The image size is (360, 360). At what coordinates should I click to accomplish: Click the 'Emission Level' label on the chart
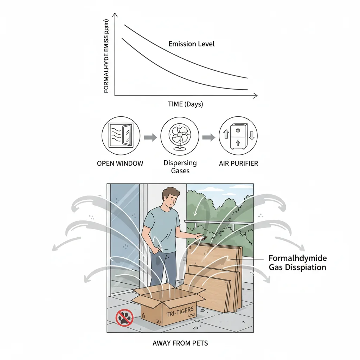(191, 44)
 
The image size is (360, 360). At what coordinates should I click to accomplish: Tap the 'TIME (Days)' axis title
(185, 104)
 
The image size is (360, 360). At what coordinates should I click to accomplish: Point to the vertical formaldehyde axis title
(107, 56)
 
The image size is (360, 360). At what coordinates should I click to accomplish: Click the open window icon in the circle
(121, 137)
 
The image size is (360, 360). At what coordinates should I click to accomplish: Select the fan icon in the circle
(180, 137)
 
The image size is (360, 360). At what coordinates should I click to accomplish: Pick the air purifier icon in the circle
(238, 137)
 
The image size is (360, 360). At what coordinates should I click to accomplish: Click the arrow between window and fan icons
(150, 137)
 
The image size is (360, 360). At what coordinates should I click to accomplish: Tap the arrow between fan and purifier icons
(208, 137)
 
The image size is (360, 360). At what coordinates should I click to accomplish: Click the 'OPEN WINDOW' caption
(120, 163)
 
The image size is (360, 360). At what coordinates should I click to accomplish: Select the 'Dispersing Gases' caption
(180, 167)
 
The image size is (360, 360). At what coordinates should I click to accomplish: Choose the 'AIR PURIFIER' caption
(238, 163)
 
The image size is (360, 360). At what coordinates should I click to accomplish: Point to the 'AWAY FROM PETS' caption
(180, 343)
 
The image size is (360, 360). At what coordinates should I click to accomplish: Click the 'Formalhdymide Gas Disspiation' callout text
(297, 263)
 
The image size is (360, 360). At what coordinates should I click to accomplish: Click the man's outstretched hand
(200, 238)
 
